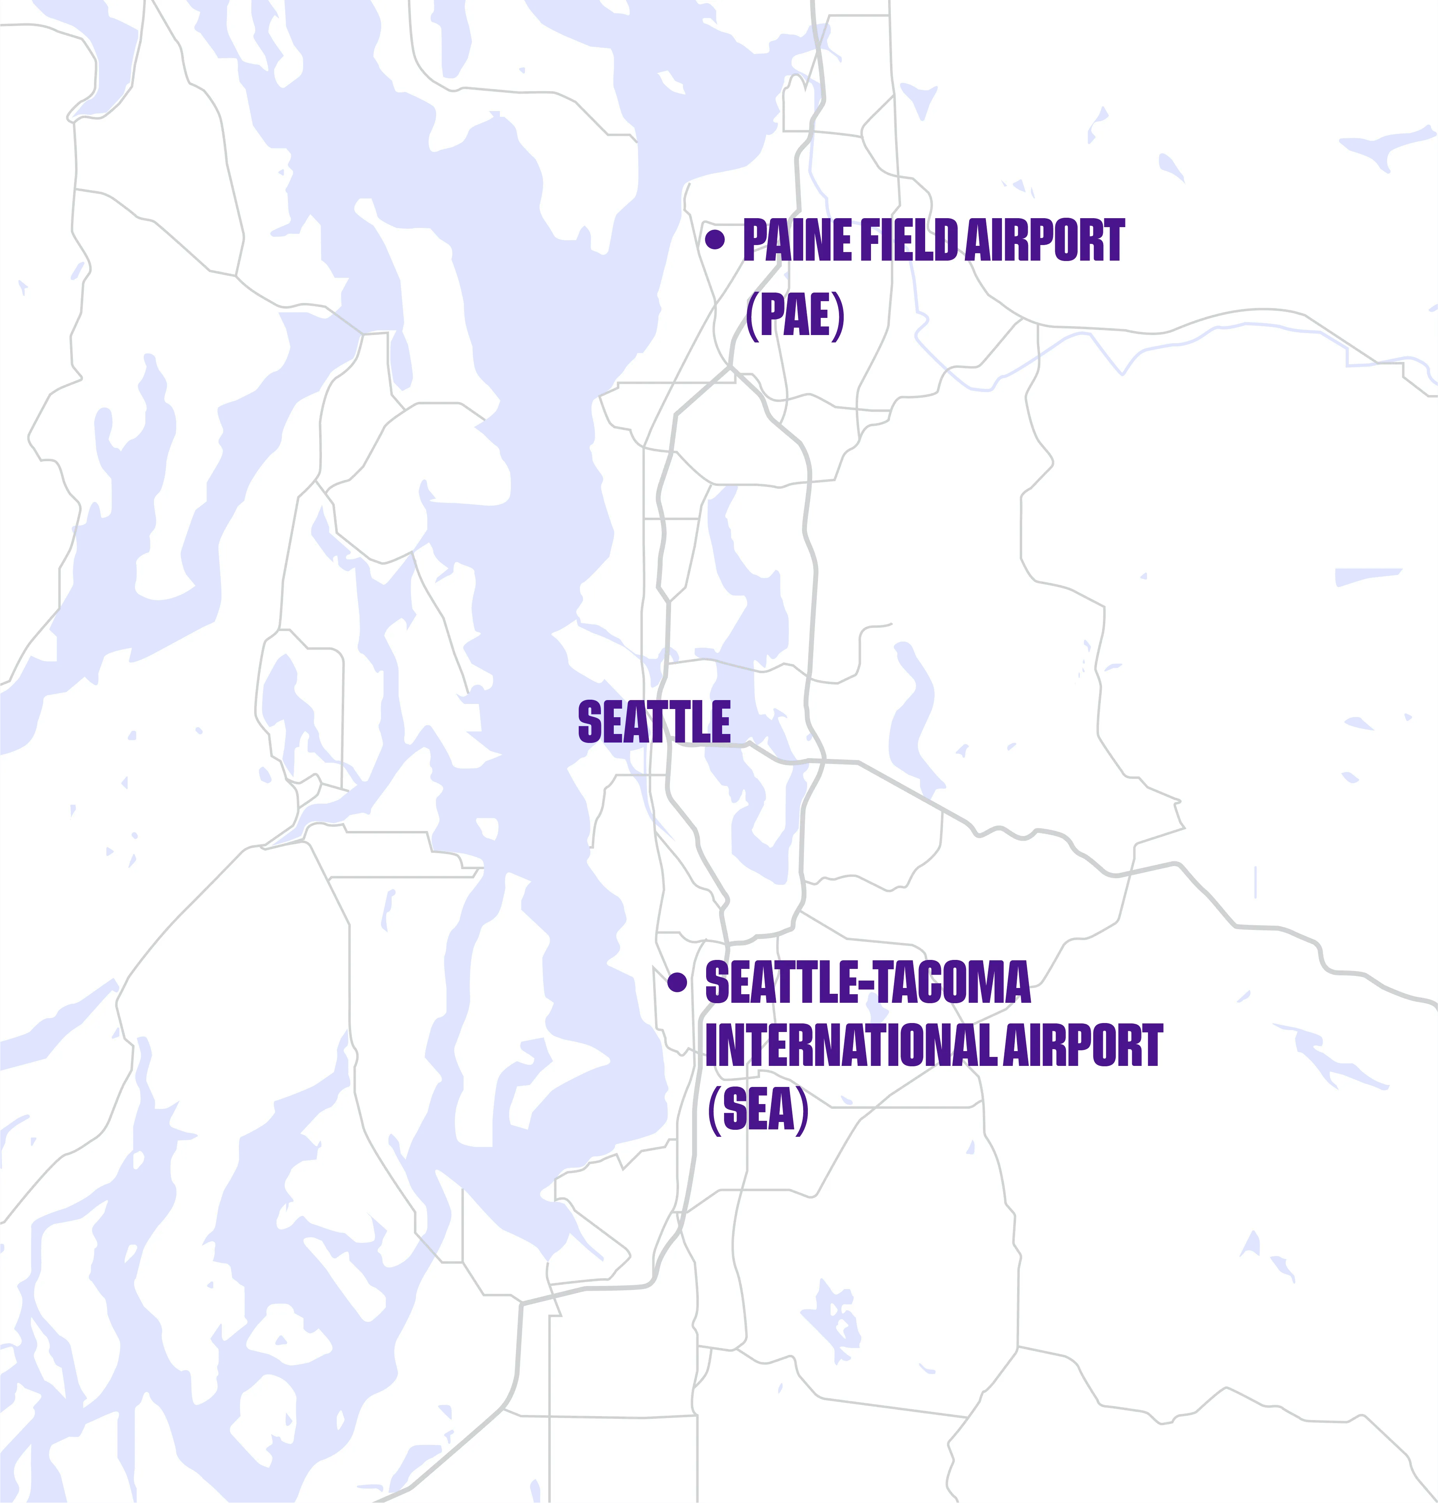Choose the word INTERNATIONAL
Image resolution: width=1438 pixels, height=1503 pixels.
pyautogui.click(x=851, y=1045)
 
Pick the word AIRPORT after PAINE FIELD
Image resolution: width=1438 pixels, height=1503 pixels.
pyautogui.click(x=1044, y=241)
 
